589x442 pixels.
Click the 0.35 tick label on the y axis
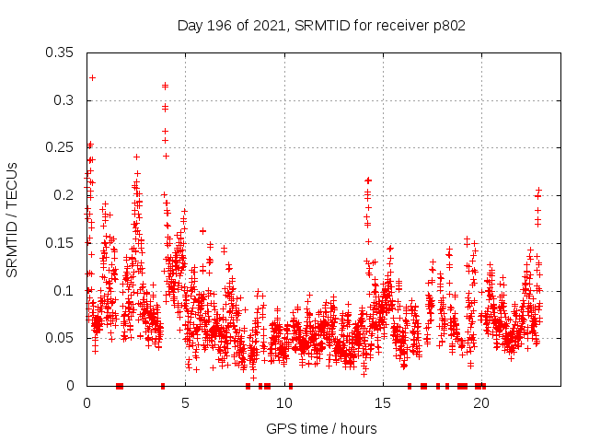click(61, 52)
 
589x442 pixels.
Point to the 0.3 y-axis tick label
click(64, 99)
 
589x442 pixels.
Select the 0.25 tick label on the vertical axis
click(61, 147)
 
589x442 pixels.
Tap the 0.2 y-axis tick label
click(64, 195)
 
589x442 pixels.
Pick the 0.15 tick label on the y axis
click(61, 243)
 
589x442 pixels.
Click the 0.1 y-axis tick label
click(64, 291)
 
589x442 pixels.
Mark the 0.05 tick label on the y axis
click(61, 338)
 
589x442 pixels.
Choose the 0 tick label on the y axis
click(72, 386)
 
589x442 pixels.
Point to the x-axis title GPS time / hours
click(321, 428)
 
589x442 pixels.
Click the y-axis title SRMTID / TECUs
click(13, 219)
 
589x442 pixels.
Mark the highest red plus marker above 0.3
click(92, 77)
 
